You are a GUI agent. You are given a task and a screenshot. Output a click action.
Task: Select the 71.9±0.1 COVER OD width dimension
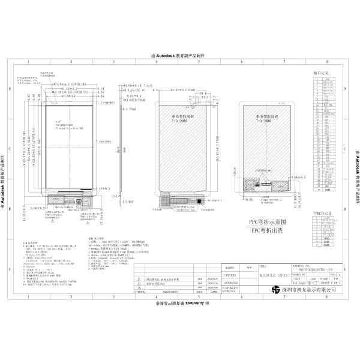[x=63, y=85]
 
